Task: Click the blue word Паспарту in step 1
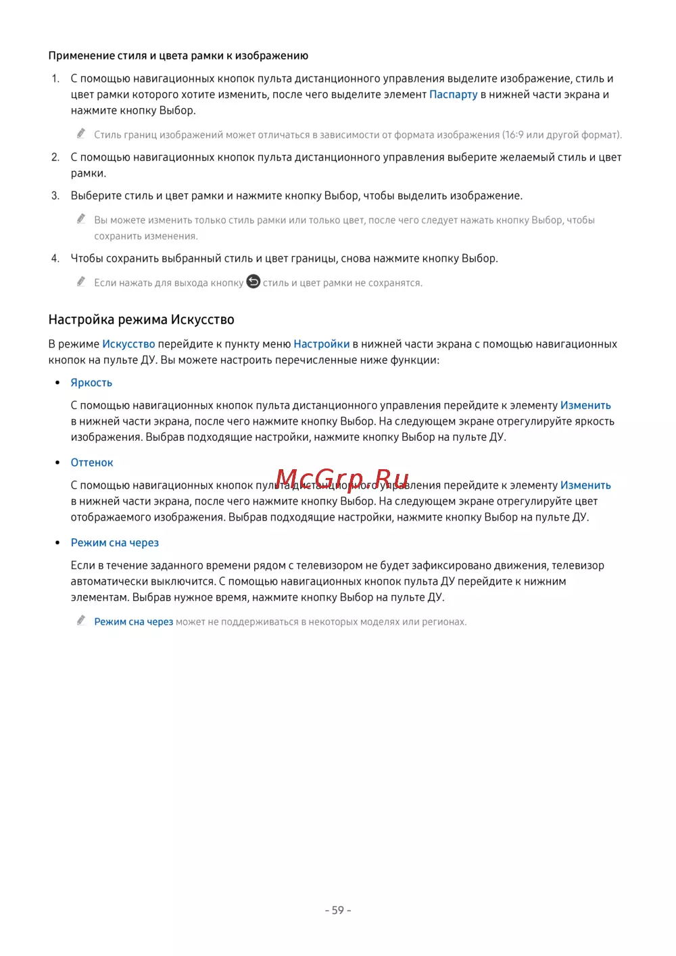453,95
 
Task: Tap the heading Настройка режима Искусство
141,320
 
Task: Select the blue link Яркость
91,383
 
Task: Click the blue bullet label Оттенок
92,462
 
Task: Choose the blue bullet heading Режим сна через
115,543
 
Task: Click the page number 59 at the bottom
338,911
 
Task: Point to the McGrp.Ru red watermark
342,480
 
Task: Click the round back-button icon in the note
253,281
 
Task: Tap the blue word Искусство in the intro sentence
128,344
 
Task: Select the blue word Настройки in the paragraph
321,344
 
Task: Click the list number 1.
55,79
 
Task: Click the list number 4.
55,258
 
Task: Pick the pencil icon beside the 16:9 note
81,133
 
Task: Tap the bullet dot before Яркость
57,383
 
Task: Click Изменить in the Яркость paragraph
585,406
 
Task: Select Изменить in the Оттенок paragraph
585,485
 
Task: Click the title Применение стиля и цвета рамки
178,56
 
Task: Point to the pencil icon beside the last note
81,620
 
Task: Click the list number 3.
55,196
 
